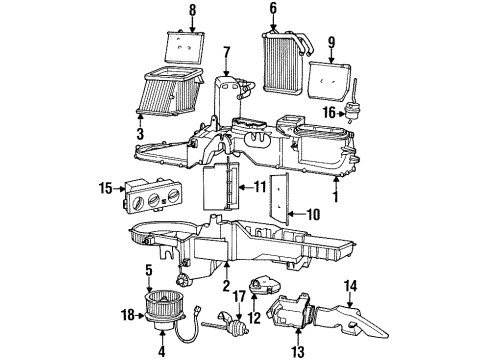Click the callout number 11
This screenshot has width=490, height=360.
pyautogui.click(x=260, y=186)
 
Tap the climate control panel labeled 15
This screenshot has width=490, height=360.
pyautogui.click(x=155, y=192)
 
